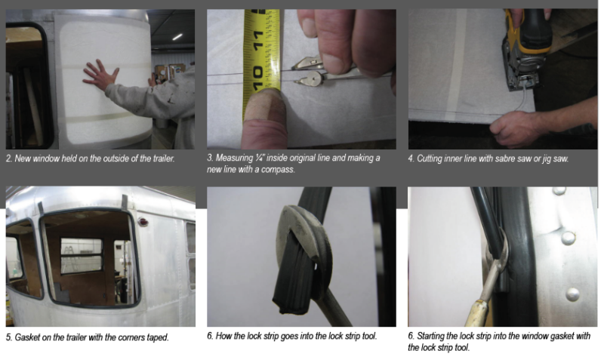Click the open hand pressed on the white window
[x=100, y=75]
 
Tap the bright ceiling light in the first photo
[x=177, y=37]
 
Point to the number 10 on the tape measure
[x=257, y=76]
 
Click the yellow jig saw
[x=526, y=50]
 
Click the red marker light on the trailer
[x=143, y=222]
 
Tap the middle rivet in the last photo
[x=569, y=238]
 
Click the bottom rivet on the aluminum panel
[x=573, y=294]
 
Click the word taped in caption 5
[x=158, y=337]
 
